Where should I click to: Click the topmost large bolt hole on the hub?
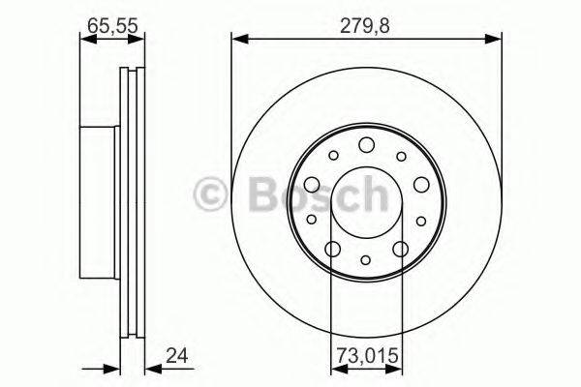366,145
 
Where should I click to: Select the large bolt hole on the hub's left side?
311,185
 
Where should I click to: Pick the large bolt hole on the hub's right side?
421,185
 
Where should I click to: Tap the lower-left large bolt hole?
332,250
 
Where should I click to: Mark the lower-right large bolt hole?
400,250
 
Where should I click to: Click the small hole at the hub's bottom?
366,260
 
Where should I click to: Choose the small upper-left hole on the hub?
332,155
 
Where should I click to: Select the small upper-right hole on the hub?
400,155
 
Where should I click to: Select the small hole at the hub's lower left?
312,222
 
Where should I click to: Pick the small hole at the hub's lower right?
421,222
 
